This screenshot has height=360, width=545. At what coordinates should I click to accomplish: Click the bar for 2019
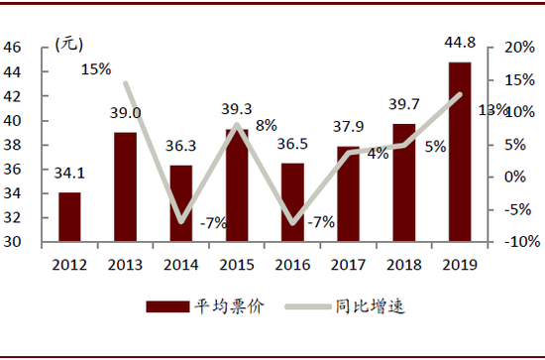(x=459, y=152)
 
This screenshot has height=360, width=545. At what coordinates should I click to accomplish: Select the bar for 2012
(x=69, y=216)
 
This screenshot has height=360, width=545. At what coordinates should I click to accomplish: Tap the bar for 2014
(x=181, y=203)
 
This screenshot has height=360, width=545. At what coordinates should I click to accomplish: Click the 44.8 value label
(x=460, y=42)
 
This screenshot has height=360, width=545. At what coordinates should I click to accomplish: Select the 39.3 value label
(x=237, y=109)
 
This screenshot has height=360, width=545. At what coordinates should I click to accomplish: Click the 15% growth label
(x=96, y=68)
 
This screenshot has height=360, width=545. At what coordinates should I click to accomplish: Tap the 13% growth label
(x=493, y=109)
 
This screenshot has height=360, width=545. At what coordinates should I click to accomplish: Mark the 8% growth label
(x=267, y=126)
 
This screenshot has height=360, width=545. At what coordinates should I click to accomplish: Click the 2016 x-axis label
(x=292, y=264)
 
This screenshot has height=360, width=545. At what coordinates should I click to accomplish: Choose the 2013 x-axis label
(x=125, y=264)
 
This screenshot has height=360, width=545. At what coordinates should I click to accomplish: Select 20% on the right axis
(x=519, y=47)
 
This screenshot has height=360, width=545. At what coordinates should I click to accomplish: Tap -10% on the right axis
(x=519, y=241)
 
